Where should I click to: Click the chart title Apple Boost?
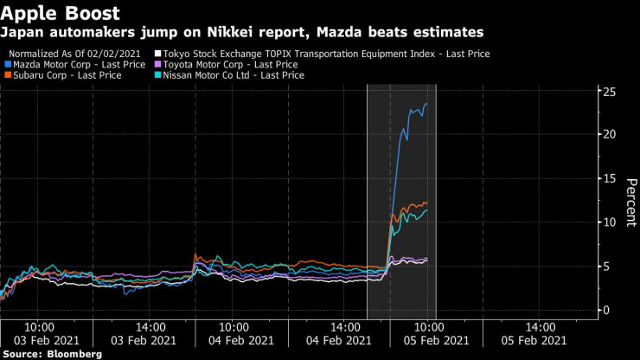pyautogui.click(x=60, y=13)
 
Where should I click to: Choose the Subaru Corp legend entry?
pyautogui.click(x=56, y=76)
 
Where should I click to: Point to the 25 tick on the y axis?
pyautogui.click(x=610, y=91)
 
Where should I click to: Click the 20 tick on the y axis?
pyautogui.click(x=610, y=134)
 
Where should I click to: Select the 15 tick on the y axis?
pyautogui.click(x=610, y=178)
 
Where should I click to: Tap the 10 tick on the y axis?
pyautogui.click(x=610, y=222)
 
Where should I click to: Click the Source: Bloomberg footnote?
pyautogui.click(x=51, y=354)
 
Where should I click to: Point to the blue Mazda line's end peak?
pyautogui.click(x=426, y=104)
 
